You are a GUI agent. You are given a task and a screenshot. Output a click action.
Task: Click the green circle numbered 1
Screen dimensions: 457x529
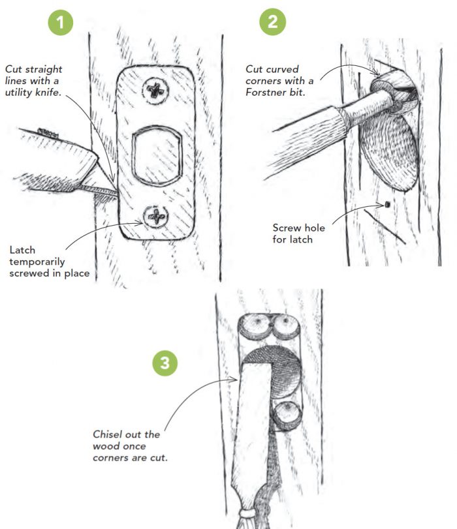point(61,23)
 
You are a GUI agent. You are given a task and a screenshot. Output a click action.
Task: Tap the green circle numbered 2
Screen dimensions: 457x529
point(272,22)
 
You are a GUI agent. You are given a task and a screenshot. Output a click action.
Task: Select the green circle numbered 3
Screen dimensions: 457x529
point(165,363)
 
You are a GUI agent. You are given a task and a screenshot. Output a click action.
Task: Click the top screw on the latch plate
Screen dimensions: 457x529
point(155,91)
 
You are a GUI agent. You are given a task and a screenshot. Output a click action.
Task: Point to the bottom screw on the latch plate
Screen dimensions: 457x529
point(156,217)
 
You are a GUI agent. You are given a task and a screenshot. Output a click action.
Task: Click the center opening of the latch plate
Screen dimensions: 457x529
point(157,156)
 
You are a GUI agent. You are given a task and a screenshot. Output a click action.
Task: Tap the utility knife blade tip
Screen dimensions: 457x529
point(116,193)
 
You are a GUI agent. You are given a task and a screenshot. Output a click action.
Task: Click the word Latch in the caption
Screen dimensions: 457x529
point(22,250)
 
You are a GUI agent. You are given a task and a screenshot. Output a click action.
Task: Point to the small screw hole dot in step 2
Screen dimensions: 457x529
point(387,204)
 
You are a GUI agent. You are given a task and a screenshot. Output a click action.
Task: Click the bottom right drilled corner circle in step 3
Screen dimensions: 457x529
point(288,416)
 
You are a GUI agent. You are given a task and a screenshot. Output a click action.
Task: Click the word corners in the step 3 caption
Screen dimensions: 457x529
point(109,459)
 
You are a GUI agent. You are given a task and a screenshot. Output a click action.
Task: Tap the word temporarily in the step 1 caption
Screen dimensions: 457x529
point(37,262)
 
